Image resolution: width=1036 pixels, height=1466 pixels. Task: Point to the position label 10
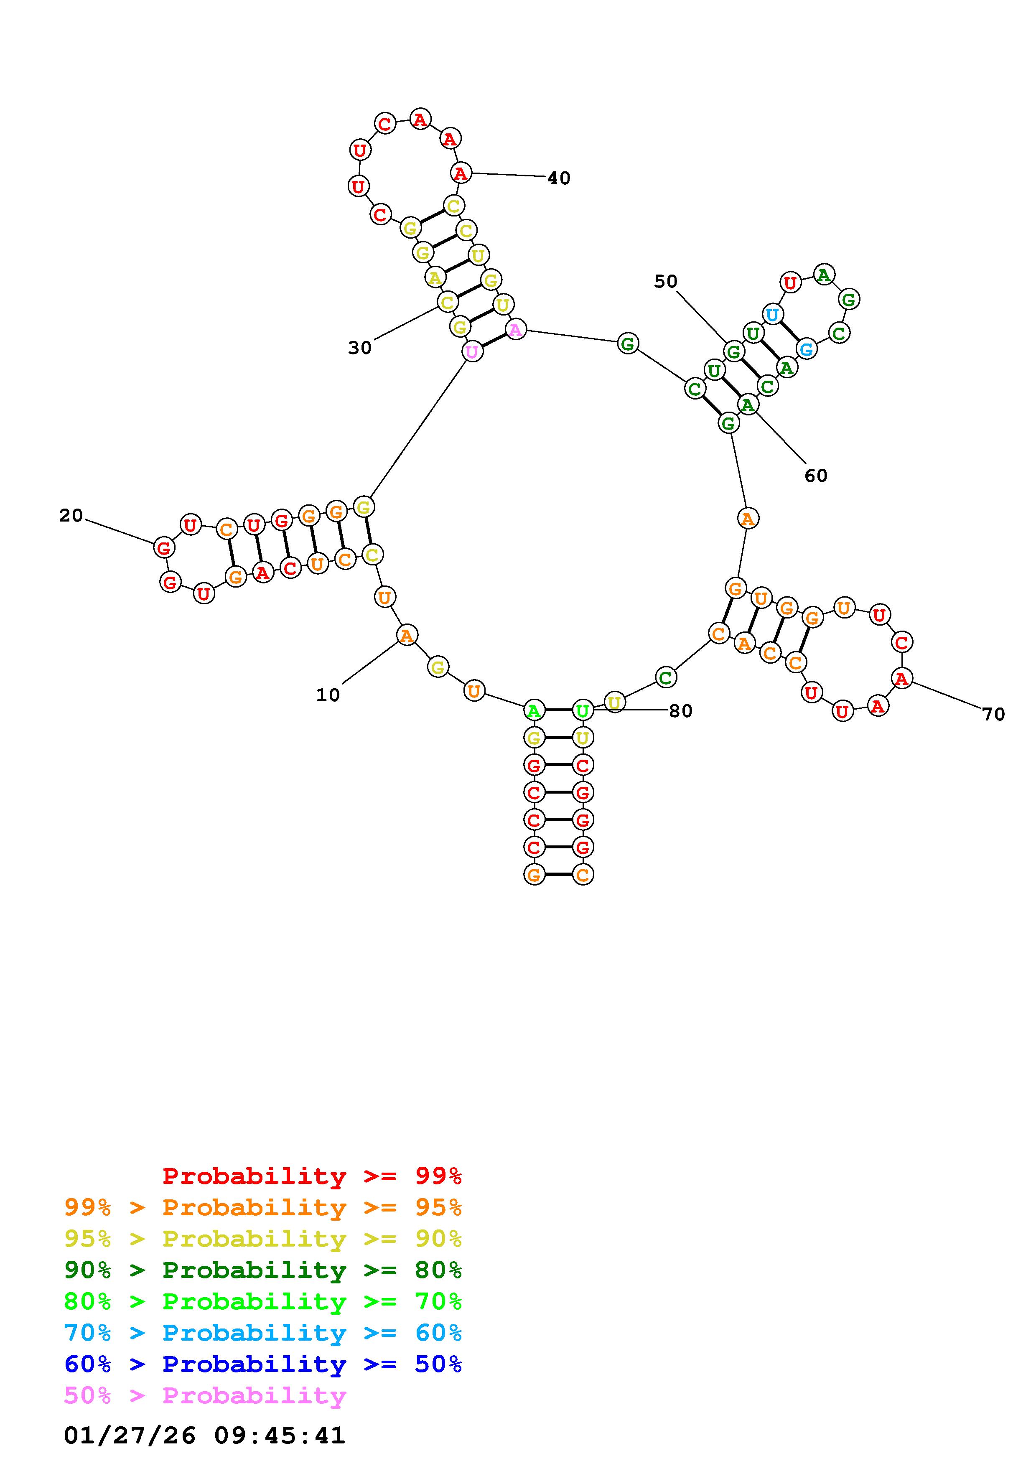click(x=328, y=695)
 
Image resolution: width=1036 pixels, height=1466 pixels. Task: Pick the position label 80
click(x=680, y=711)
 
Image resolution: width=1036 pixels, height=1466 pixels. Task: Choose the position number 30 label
click(x=359, y=348)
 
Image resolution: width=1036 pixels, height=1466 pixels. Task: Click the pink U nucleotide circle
click(x=472, y=351)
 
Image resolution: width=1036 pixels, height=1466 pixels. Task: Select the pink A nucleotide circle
click(x=515, y=329)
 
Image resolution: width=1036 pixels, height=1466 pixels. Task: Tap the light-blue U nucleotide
click(x=772, y=314)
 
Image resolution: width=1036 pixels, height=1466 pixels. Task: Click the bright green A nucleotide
click(x=534, y=710)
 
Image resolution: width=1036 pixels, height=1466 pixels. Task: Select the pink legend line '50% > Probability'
click(x=205, y=1396)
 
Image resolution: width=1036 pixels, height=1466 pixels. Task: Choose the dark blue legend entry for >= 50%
click(x=263, y=1364)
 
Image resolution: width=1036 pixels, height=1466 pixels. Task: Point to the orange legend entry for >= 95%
click(x=263, y=1207)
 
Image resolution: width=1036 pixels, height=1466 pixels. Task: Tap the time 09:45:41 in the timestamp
click(x=280, y=1435)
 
